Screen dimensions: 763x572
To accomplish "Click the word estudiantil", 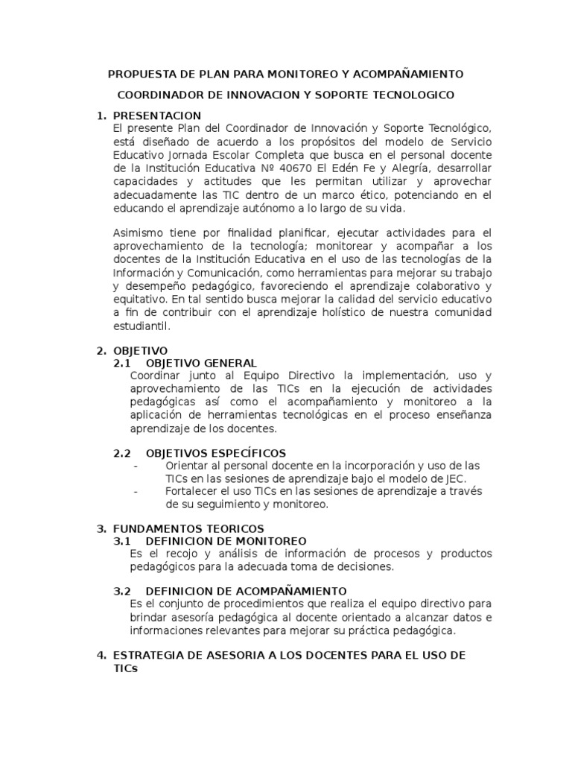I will coord(142,326).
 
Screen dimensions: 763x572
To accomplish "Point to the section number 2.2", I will coord(122,453).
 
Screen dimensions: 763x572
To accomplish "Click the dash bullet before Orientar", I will coord(136,466).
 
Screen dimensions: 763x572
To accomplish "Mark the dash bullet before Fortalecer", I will coord(136,492).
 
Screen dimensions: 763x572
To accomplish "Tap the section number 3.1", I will coord(122,541).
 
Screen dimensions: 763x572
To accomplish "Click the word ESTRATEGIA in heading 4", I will coord(148,655).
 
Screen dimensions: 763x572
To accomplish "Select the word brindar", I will coord(147,618).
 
